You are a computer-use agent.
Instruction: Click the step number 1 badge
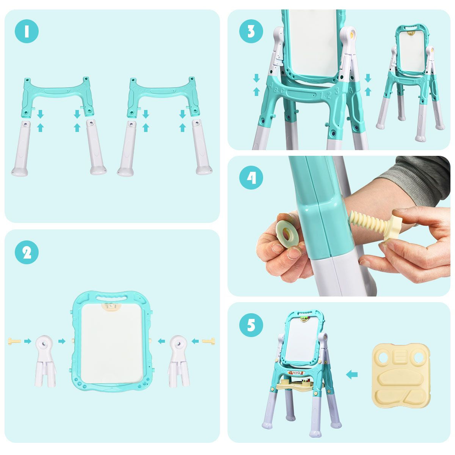pyautogui.click(x=27, y=31)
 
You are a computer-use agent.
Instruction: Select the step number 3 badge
pyautogui.click(x=251, y=31)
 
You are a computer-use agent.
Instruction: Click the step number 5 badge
pyautogui.click(x=251, y=325)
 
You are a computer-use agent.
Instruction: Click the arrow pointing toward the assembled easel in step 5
pyautogui.click(x=352, y=375)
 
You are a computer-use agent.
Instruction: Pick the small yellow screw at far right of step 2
pyautogui.click(x=209, y=341)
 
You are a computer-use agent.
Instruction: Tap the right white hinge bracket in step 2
pyautogui.click(x=179, y=360)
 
